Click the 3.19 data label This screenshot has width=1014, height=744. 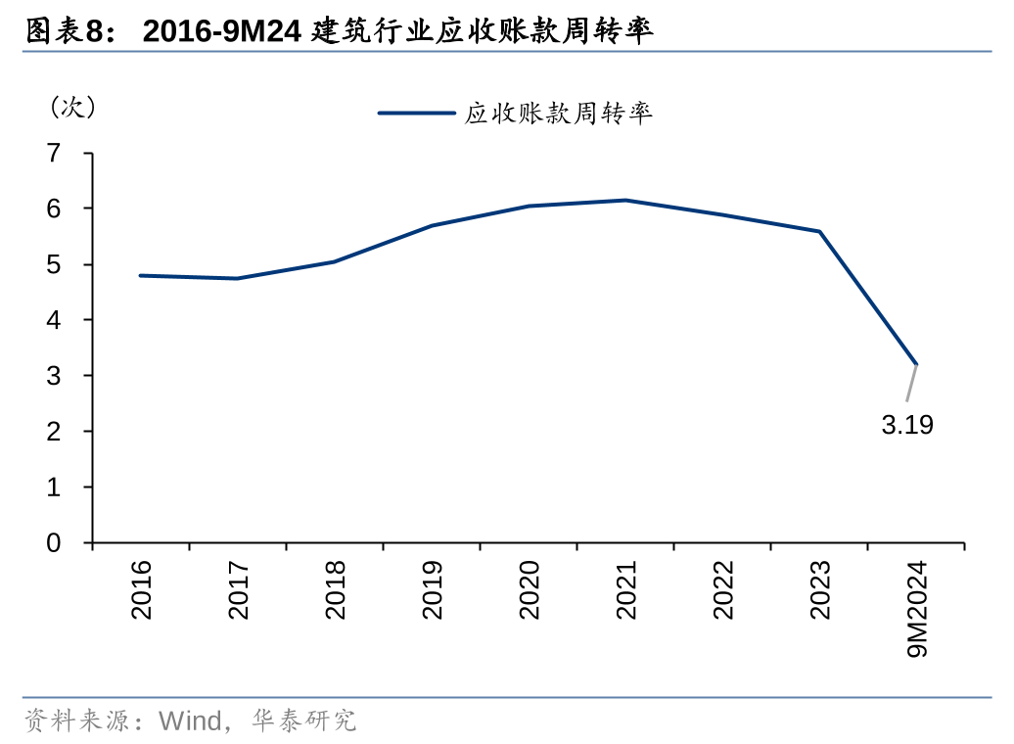[x=907, y=426]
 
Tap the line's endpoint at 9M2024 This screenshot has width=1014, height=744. [x=916, y=364]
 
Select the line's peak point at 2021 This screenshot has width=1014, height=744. [x=625, y=201]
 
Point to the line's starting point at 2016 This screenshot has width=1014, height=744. [x=140, y=276]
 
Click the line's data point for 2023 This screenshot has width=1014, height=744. [x=819, y=232]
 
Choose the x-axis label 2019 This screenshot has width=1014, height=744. [x=432, y=589]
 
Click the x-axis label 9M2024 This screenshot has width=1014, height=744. [x=917, y=609]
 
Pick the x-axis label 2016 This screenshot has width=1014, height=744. [x=141, y=589]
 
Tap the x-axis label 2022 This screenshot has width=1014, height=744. [x=722, y=589]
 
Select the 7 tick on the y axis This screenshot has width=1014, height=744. [x=54, y=153]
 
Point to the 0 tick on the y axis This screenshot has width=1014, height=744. [x=54, y=542]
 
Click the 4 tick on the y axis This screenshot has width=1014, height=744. [x=54, y=320]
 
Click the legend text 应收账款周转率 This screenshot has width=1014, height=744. [x=558, y=114]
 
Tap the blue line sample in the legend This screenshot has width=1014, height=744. [x=416, y=114]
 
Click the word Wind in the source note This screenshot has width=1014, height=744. [x=191, y=721]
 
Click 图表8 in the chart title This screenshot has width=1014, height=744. [x=64, y=31]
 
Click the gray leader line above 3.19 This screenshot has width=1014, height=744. [x=911, y=383]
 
